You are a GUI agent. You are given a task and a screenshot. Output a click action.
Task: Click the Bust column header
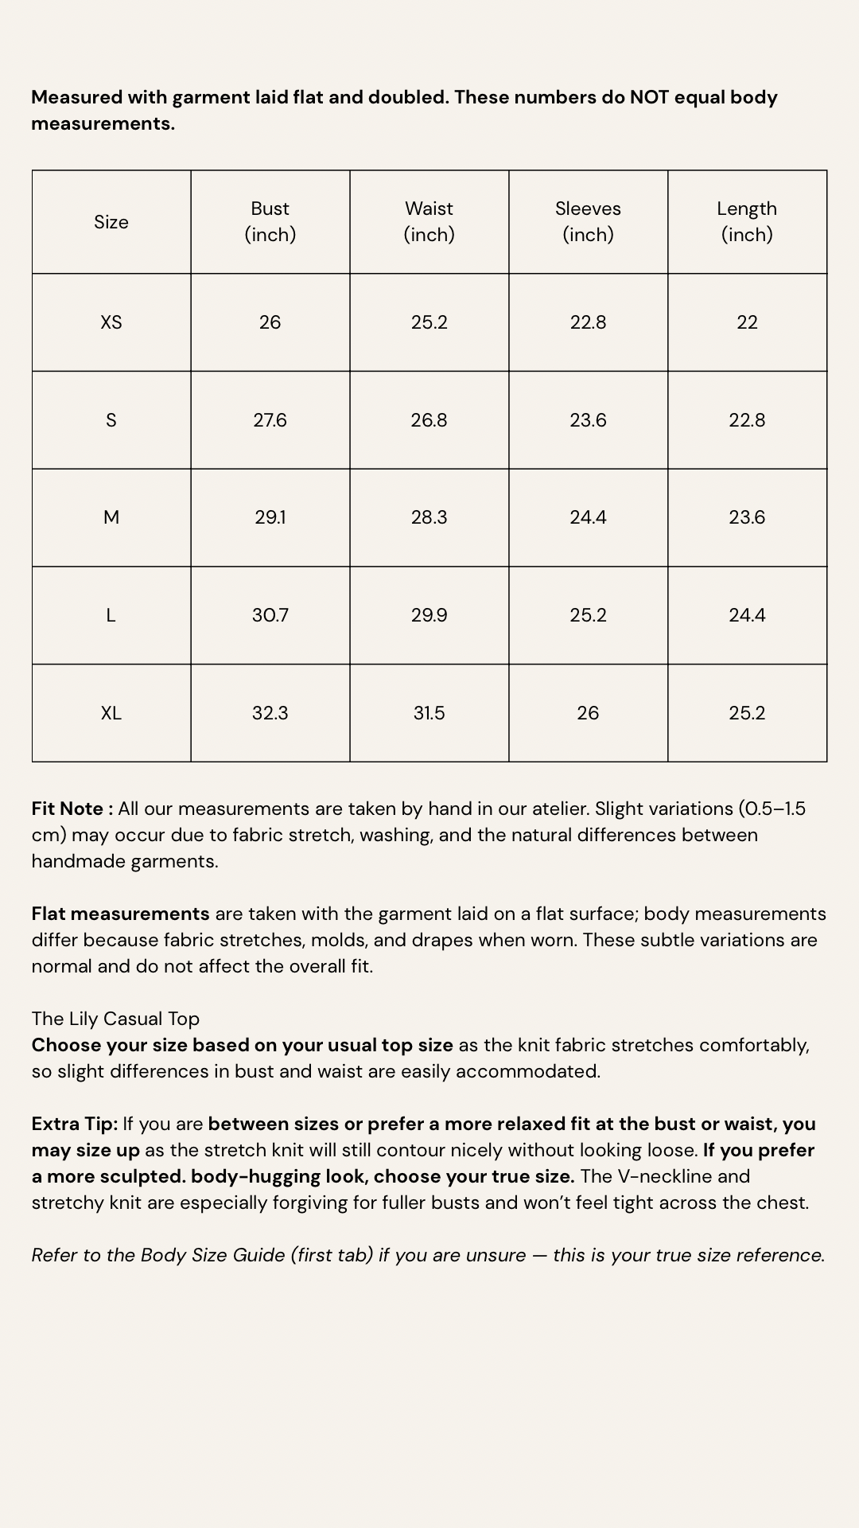[x=270, y=221]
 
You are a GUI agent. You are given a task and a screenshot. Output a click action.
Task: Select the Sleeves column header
[x=588, y=221]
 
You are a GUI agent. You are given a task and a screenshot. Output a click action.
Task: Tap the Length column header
[x=747, y=221]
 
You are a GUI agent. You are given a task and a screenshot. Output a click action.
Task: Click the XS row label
[x=111, y=322]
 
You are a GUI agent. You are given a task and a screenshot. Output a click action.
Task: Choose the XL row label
[x=111, y=713]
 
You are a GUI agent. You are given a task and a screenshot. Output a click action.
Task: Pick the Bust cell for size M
[x=270, y=517]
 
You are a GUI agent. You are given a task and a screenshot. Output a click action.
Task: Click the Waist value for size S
[x=429, y=420]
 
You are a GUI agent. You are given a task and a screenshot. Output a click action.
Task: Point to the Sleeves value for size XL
[x=588, y=713]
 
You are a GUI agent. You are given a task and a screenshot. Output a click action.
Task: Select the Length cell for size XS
[x=747, y=322]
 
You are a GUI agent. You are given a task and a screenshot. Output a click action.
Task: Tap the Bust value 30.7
[x=270, y=615]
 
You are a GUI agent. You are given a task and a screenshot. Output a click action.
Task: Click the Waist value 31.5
[x=429, y=713]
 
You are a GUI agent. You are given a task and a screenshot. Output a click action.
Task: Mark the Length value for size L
[x=747, y=615]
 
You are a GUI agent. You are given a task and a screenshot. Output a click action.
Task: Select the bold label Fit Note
[x=68, y=809]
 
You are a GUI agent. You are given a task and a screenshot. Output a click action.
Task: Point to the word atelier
[x=555, y=809]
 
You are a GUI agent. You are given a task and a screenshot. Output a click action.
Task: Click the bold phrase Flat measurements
[x=120, y=914]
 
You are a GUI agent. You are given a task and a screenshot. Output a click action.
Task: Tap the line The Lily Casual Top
[x=115, y=1019]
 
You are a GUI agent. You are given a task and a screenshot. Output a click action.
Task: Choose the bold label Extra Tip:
[x=75, y=1124]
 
